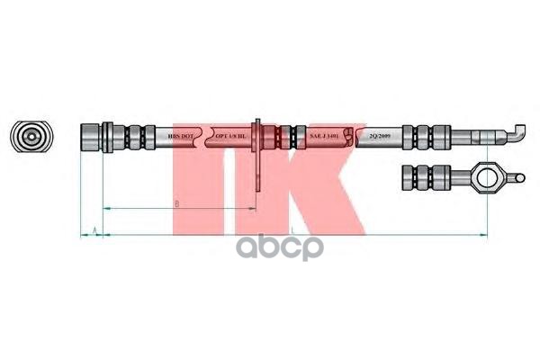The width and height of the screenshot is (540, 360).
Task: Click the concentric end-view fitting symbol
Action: pos(31,137)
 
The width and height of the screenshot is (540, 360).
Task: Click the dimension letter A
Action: pos(94,231)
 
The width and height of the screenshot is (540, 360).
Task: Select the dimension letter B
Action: pos(177,204)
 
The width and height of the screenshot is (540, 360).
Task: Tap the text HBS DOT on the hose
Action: pos(181,138)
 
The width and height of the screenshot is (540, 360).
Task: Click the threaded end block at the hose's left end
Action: pos(91,138)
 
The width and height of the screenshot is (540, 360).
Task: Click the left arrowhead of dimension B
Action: pos(107,209)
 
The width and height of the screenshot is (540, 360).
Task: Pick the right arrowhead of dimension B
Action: pos(256,209)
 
